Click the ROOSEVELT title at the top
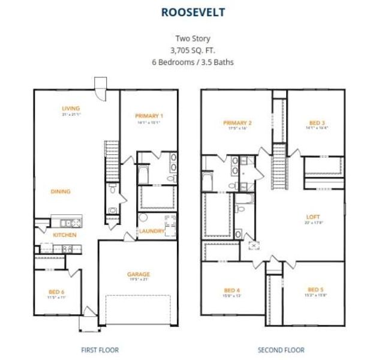[x=194, y=11]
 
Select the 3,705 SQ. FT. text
[x=193, y=50]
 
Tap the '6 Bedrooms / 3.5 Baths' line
[x=193, y=61]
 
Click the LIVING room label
[x=71, y=109]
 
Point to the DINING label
[x=60, y=191]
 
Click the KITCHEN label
[x=65, y=235]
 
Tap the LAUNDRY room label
[x=152, y=231]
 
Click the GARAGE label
[x=139, y=274]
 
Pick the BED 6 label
[x=56, y=292]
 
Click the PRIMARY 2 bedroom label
[x=237, y=123]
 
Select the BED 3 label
[x=317, y=122]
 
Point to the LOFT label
[x=313, y=217]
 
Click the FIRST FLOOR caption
[x=100, y=350]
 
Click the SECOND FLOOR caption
[x=281, y=350]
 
